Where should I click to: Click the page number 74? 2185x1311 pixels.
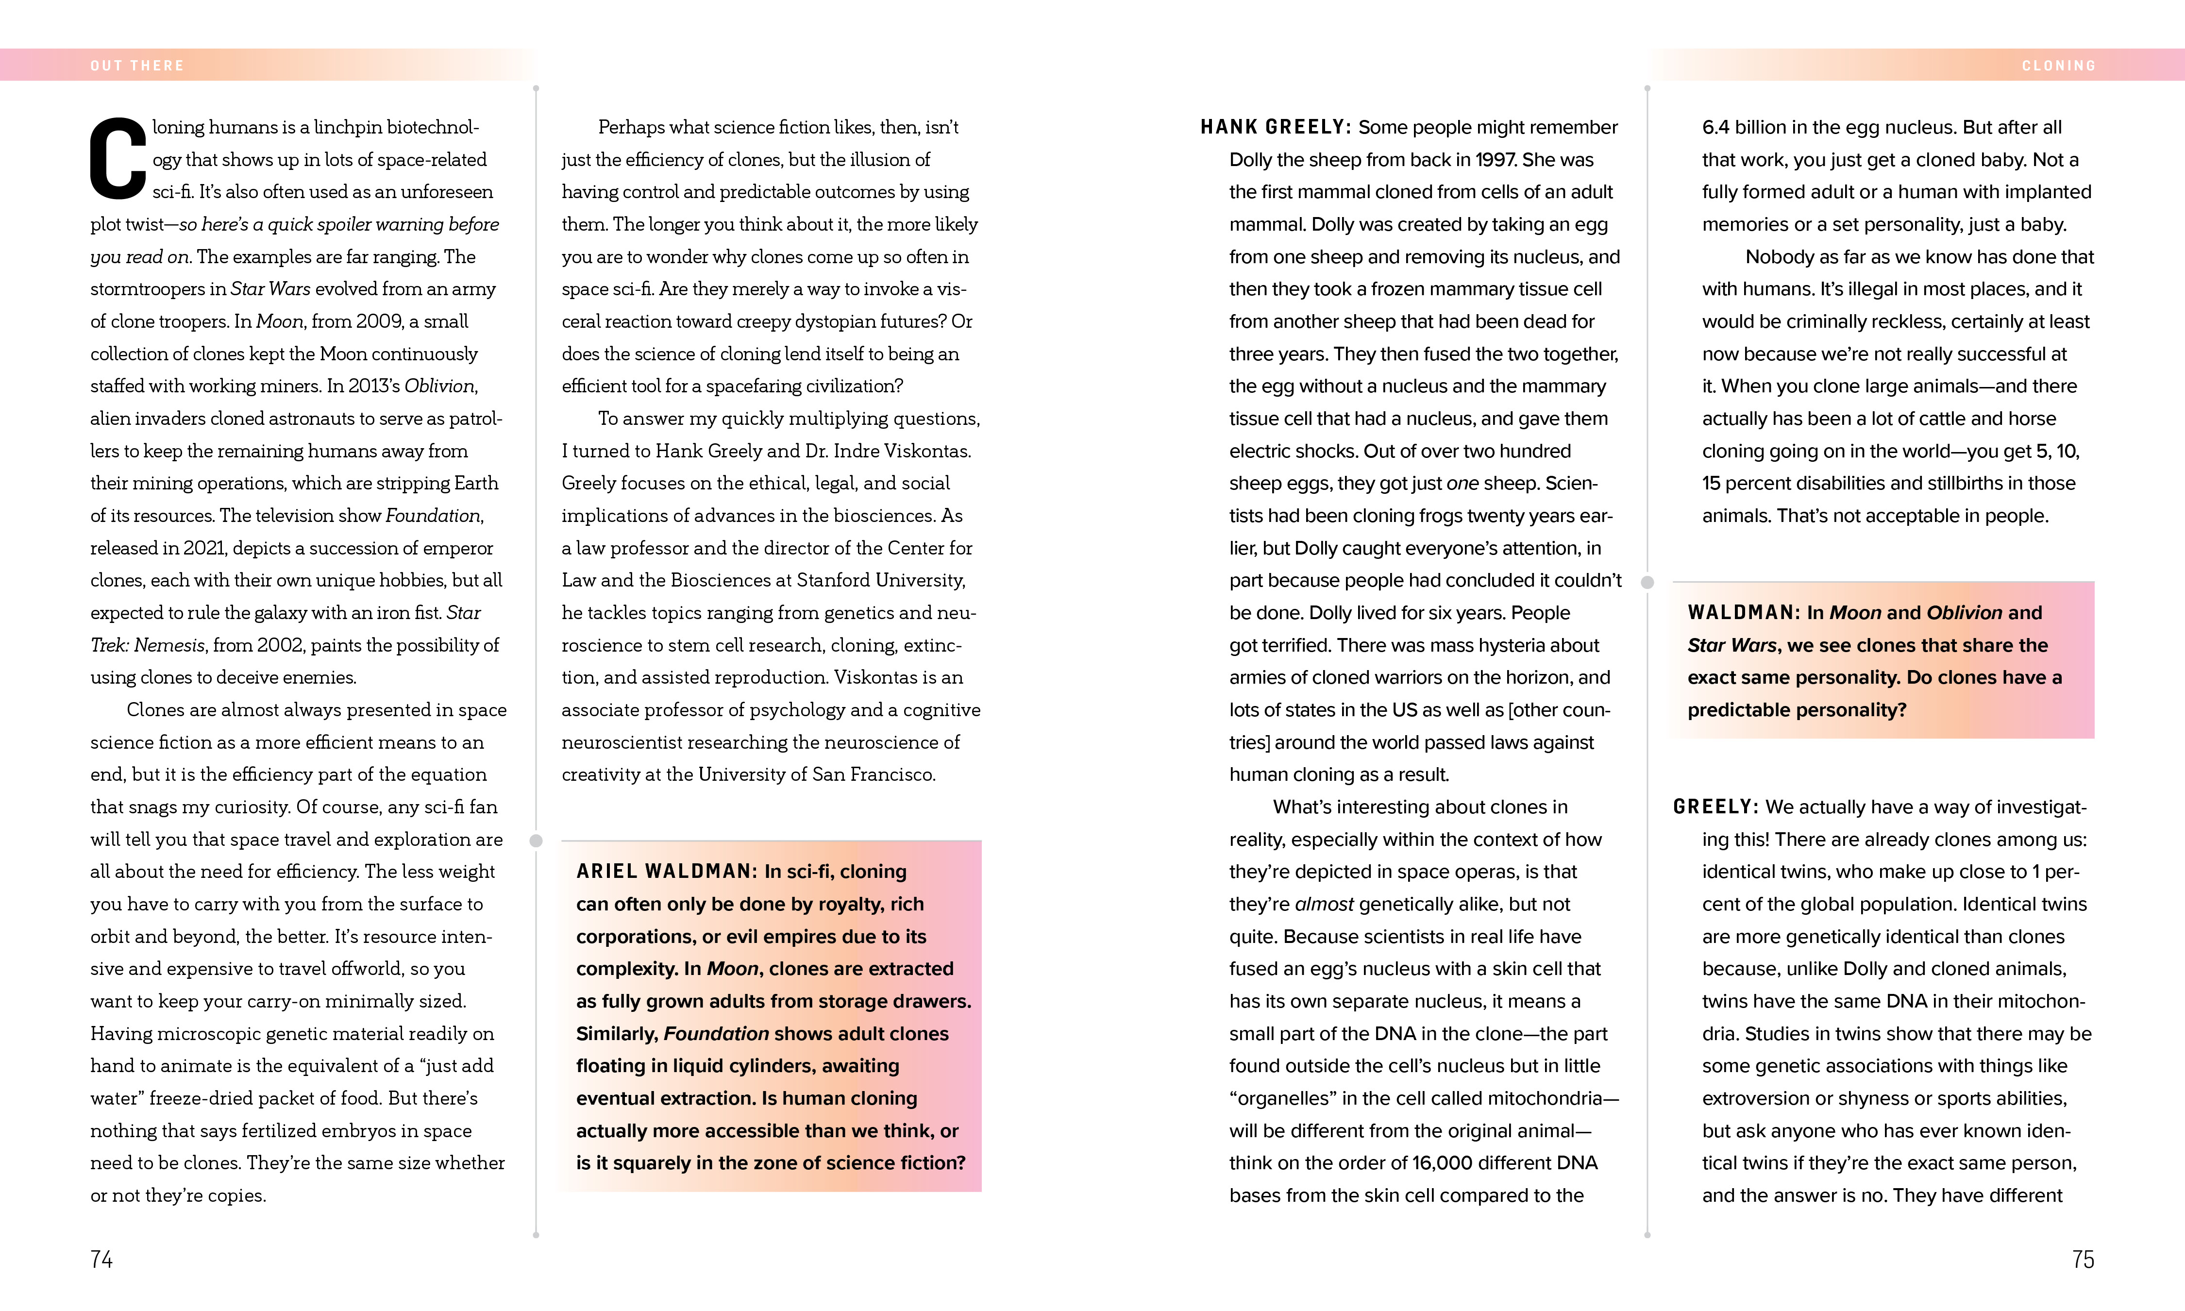click(101, 1259)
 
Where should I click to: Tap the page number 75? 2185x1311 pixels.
click(2083, 1259)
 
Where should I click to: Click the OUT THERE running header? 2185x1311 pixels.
click(137, 66)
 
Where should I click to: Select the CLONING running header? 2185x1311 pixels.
click(2059, 66)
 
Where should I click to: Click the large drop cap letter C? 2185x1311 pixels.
click(118, 159)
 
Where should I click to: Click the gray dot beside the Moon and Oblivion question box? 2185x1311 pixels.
click(1647, 582)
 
